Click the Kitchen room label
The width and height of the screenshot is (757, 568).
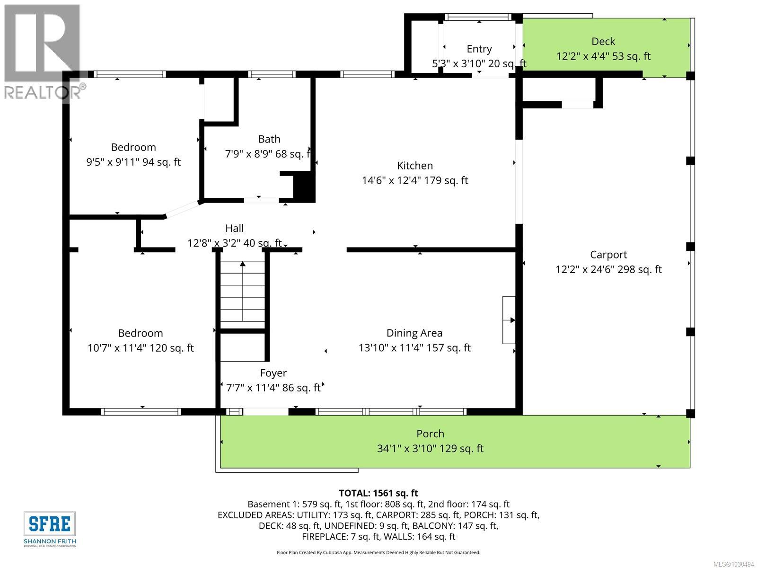414,166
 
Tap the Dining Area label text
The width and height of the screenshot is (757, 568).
414,333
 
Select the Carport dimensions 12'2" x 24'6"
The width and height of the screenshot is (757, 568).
608,269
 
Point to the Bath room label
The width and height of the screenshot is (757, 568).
269,139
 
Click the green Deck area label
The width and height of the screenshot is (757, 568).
603,42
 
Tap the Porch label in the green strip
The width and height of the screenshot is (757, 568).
430,434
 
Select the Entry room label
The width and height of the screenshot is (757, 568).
479,49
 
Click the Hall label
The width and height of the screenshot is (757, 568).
234,228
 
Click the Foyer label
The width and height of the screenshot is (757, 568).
273,373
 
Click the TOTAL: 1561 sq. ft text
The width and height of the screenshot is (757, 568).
378,493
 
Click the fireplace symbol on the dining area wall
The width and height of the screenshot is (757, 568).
509,320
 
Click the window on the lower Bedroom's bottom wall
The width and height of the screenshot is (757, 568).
141,412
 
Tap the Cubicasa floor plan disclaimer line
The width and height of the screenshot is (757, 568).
378,552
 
